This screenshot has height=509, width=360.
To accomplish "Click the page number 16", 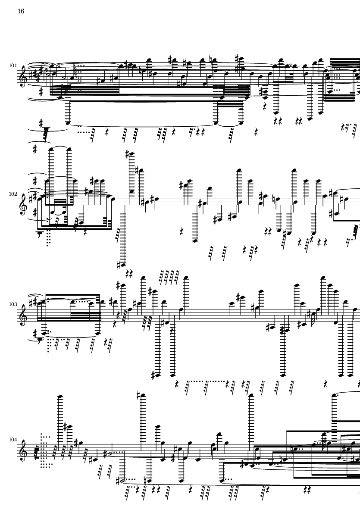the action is coord(21,11).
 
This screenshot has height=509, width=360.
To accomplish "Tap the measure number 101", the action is coord(13,66).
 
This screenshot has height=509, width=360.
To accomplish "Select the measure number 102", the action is coord(13,194).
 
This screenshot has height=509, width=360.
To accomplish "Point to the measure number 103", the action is coord(13,304).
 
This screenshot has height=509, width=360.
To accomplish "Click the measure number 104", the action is coord(13,440).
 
